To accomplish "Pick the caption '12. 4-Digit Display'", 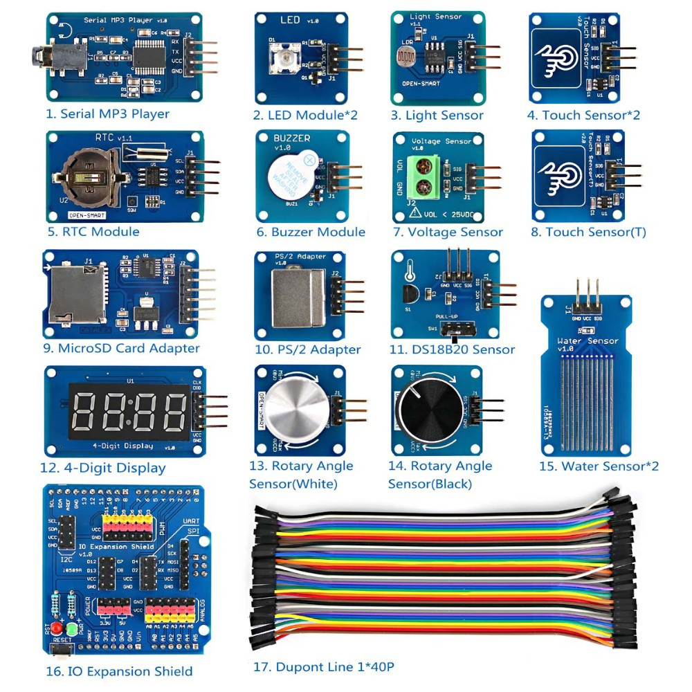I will [x=103, y=468].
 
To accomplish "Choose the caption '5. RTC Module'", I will [x=93, y=232].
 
